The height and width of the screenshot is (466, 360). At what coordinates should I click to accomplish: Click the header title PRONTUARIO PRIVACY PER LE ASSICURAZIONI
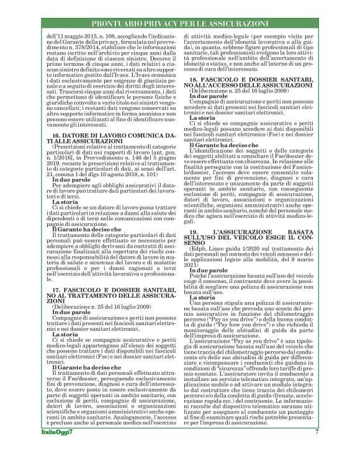coord(181,23)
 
